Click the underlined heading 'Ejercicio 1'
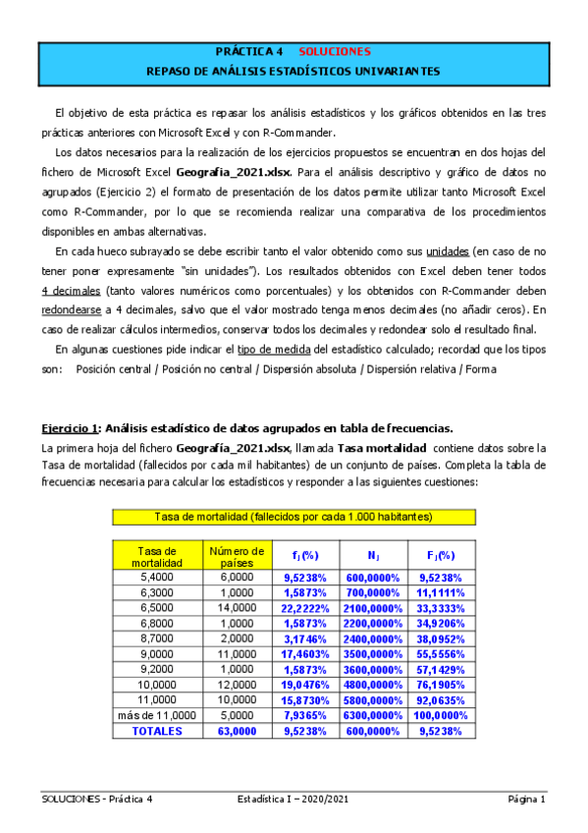click(70, 428)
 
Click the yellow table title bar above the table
click(294, 517)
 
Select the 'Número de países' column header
click(236, 556)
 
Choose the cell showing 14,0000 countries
click(236, 609)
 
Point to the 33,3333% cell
click(442, 609)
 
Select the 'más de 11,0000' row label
click(157, 716)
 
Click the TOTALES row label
click(157, 732)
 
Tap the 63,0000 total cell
click(236, 732)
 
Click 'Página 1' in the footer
click(526, 800)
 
